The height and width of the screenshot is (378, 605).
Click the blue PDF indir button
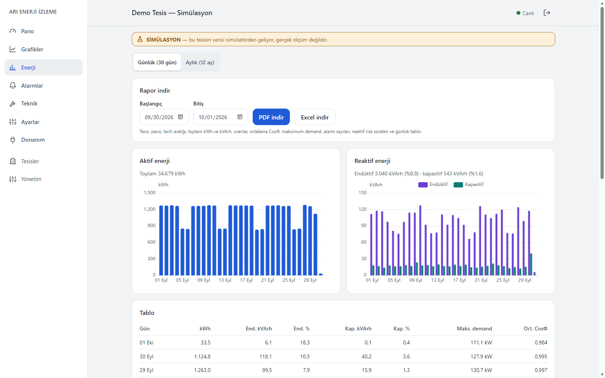coord(271,117)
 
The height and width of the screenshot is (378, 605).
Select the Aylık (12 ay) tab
coord(200,62)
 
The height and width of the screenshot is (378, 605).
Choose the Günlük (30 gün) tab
coord(157,62)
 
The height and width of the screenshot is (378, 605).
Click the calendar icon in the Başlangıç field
coord(180,117)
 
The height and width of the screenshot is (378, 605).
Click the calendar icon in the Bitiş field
coord(240,117)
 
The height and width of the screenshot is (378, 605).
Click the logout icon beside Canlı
coord(547,13)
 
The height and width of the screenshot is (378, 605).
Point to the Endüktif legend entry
coord(433,184)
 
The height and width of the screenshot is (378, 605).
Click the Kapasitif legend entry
coord(468,184)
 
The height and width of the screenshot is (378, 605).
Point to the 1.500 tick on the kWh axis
coord(149,193)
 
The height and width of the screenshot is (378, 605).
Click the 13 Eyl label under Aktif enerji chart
coord(225,280)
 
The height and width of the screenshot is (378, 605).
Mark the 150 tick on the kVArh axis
coord(363,193)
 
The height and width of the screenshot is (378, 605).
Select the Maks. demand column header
coord(474,328)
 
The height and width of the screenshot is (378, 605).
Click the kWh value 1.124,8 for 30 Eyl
coord(202,356)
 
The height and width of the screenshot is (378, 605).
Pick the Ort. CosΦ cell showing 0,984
coord(541,342)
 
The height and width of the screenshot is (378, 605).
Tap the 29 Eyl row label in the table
coord(146,370)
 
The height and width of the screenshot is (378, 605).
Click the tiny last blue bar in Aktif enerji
coord(321,274)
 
